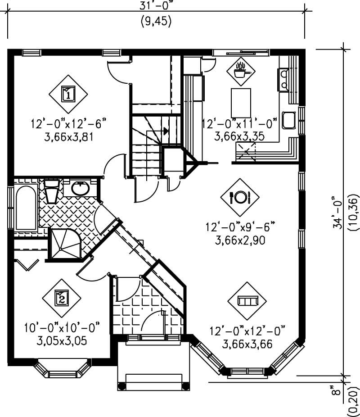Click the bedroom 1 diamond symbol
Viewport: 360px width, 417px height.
point(68,94)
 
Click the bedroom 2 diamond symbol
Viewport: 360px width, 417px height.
point(62,298)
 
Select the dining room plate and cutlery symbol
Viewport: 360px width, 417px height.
point(240,197)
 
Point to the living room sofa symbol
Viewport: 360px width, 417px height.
point(247,300)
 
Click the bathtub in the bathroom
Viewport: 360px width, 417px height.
point(25,208)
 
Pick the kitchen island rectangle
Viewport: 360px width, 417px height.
point(241,103)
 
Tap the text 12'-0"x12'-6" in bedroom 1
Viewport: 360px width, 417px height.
point(68,123)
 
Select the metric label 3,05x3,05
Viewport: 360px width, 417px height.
point(62,340)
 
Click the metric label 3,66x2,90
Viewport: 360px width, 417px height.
point(241,240)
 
